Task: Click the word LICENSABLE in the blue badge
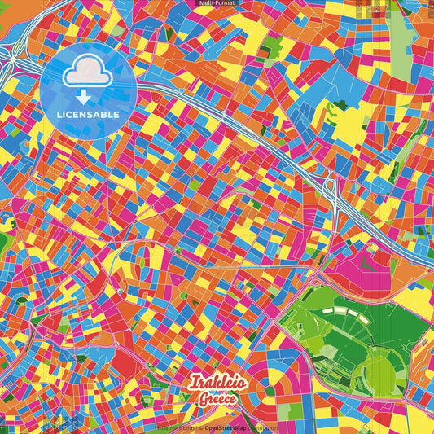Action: tap(88, 115)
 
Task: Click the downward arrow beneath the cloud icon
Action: tap(87, 96)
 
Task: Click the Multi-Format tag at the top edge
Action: tap(217, 3)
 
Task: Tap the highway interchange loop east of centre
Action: tap(333, 192)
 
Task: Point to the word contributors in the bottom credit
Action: tap(263, 427)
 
